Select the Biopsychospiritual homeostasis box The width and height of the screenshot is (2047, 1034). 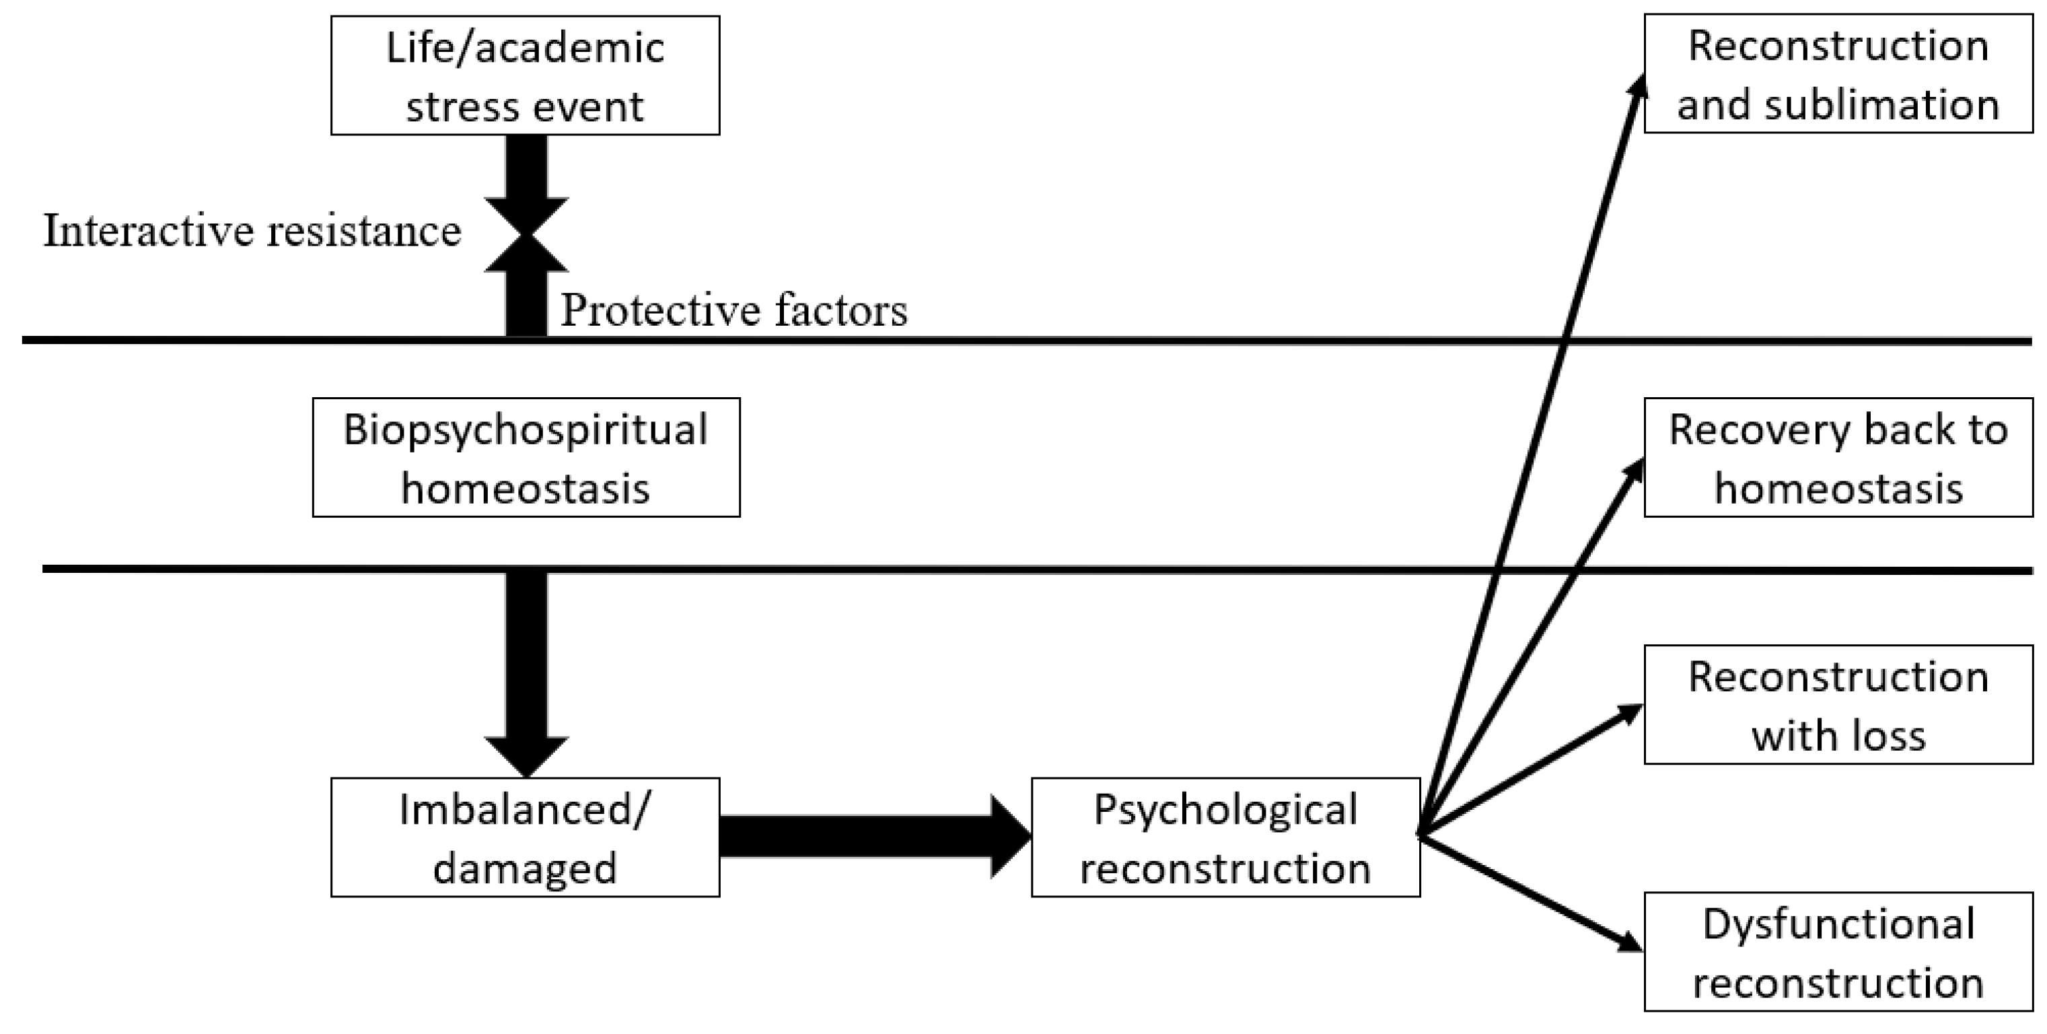click(x=526, y=458)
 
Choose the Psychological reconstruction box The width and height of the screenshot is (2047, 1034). click(x=1225, y=837)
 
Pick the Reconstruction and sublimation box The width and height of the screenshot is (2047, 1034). click(x=1837, y=74)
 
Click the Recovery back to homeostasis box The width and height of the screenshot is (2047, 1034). click(x=1837, y=458)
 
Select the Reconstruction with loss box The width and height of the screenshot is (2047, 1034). click(x=1837, y=705)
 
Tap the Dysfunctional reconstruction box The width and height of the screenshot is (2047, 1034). click(x=1837, y=952)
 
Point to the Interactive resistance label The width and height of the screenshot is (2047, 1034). click(x=252, y=232)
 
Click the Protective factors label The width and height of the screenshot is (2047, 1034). click(x=733, y=310)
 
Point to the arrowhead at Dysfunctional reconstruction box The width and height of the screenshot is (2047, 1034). click(x=1631, y=943)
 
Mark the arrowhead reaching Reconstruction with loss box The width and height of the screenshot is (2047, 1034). click(x=1631, y=712)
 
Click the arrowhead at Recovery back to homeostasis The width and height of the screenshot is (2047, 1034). click(x=1634, y=471)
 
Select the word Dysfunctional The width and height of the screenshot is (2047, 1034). click(x=1838, y=924)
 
